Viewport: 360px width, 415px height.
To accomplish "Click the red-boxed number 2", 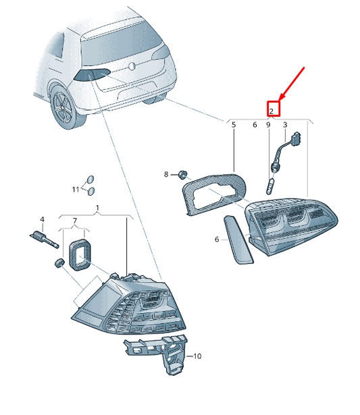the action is point(271,111).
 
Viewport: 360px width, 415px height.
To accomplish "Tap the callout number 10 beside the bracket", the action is point(197,356).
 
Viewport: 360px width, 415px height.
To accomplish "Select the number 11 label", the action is point(76,189).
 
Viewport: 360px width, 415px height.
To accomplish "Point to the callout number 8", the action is point(166,174).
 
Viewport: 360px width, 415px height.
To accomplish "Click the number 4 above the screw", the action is point(43,219).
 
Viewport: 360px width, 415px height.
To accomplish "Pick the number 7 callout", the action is point(75,221).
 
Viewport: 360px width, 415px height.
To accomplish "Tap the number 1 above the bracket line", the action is point(97,208).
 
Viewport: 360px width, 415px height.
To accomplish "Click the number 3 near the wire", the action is point(285,125).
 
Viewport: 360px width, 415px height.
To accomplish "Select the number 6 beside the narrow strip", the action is point(217,240).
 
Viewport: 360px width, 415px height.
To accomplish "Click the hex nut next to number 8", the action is point(182,175).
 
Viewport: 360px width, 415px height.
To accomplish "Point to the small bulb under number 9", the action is point(269,186).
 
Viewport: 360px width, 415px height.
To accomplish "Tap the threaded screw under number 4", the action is point(44,240).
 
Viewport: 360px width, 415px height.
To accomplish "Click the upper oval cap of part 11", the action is point(91,179).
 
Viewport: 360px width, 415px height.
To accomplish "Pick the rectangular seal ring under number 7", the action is point(80,254).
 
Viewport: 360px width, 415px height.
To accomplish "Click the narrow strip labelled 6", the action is point(239,240).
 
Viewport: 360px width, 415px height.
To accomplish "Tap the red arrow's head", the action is point(281,98).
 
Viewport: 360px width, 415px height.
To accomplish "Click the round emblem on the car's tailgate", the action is point(132,66).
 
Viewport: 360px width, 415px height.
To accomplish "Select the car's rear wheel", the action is point(64,108).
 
